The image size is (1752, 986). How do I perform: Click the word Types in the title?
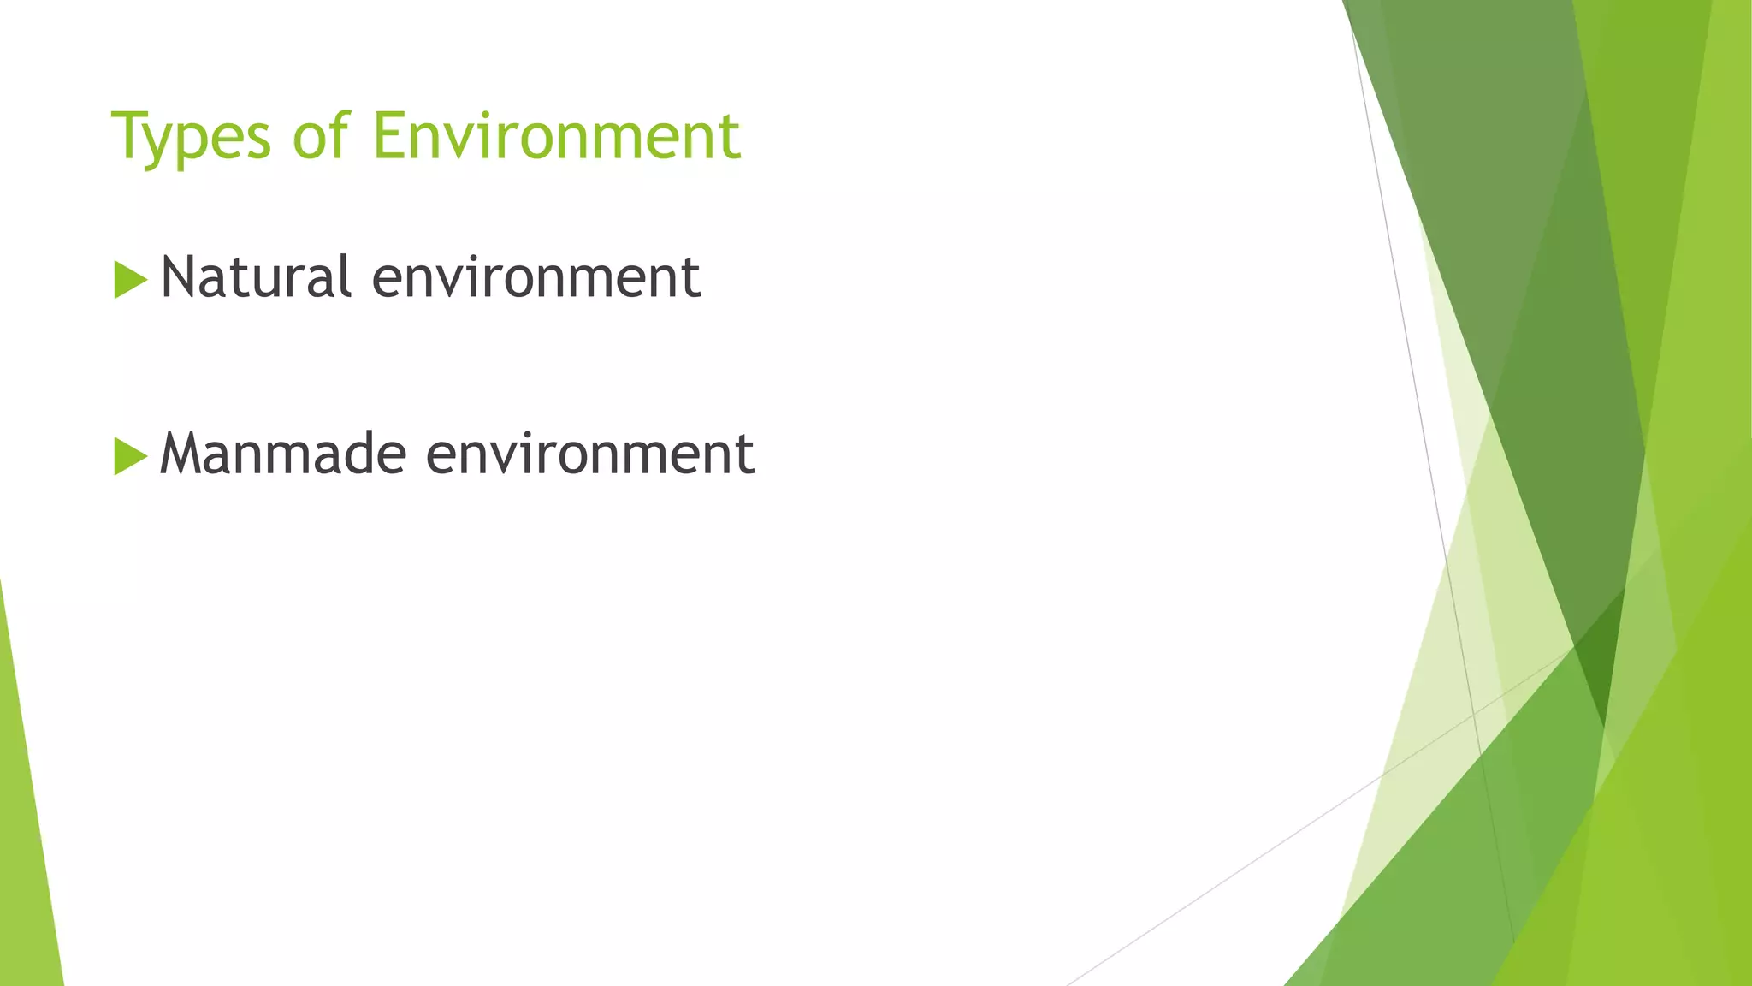click(191, 137)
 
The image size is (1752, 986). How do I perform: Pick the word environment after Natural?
click(536, 278)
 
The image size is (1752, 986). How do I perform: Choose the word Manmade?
click(282, 453)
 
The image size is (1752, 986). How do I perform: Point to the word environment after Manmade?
click(590, 454)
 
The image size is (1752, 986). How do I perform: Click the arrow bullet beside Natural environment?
click(129, 280)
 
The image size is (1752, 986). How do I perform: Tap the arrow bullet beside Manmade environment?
click(129, 456)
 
